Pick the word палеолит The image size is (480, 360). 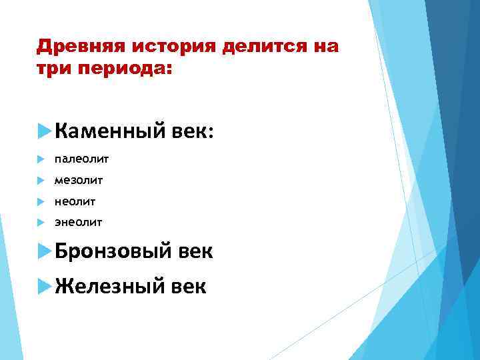point(81,159)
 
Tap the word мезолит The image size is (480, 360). point(79,180)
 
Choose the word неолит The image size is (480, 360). point(75,201)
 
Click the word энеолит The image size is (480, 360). point(79,221)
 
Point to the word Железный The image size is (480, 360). point(109,286)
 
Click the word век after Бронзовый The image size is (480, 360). point(195,251)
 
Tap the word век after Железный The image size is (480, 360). point(187,286)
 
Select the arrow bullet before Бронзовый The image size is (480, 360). point(45,251)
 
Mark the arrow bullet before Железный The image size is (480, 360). point(45,286)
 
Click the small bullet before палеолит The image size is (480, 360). point(41,159)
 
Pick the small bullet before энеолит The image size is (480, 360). point(41,221)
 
